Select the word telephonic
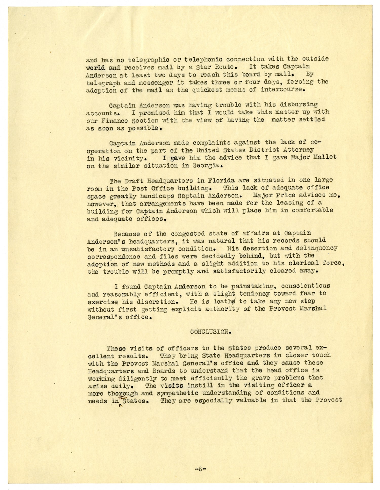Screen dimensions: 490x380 point(201,59)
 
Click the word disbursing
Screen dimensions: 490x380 point(299,104)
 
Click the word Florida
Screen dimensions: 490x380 point(216,181)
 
